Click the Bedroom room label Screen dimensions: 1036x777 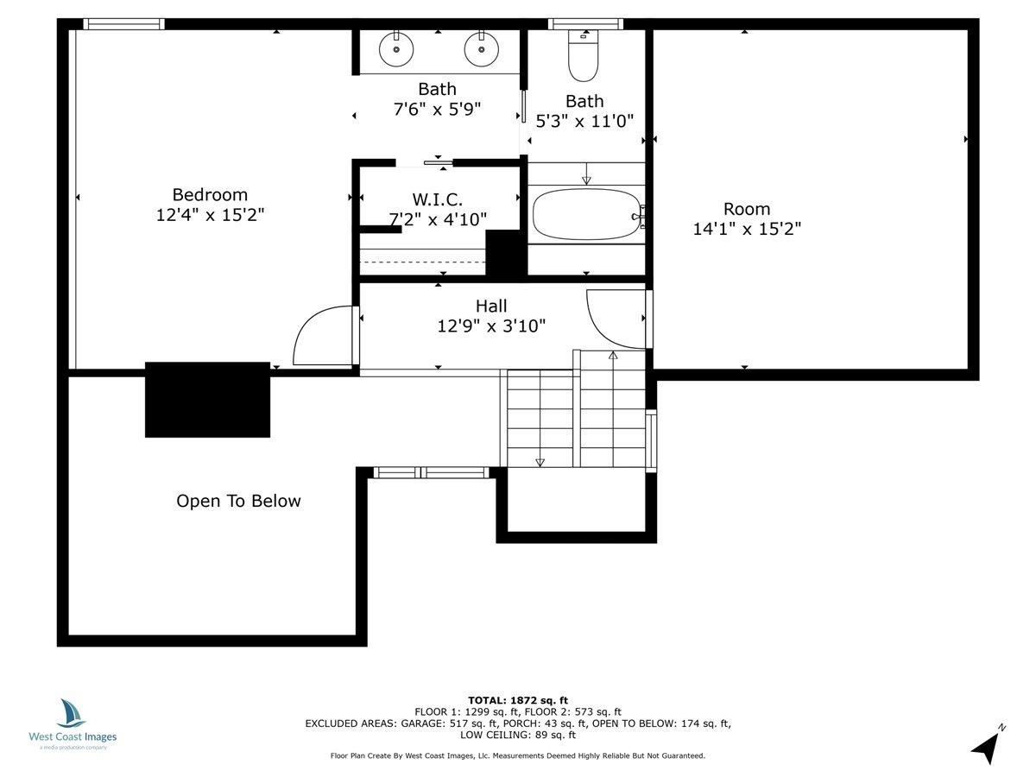click(x=210, y=194)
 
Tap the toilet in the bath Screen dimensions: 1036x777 click(x=584, y=55)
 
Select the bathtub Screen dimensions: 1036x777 click(x=587, y=214)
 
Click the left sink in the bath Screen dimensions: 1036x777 click(x=396, y=48)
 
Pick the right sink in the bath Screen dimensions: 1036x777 click(x=482, y=48)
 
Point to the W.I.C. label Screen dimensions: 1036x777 click(x=437, y=199)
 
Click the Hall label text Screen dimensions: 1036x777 click(x=491, y=306)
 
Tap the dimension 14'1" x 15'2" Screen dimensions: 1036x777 click(x=747, y=229)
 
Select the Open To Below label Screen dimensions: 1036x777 click(x=238, y=501)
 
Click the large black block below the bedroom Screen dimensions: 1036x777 click(x=208, y=400)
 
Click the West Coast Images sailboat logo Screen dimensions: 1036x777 click(x=72, y=713)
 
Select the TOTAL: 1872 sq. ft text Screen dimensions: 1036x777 click(x=518, y=700)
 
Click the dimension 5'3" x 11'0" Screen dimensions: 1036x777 click(x=584, y=121)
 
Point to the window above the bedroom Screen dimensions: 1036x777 click(x=124, y=24)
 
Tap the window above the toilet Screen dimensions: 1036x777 click(x=585, y=24)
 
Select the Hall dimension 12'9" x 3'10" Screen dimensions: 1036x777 click(x=491, y=326)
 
